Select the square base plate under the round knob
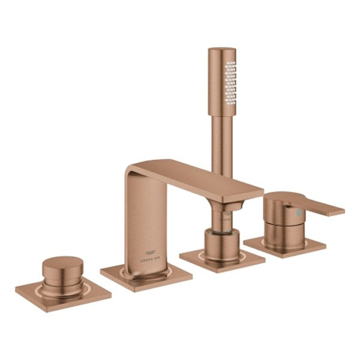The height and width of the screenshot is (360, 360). tap(63, 294)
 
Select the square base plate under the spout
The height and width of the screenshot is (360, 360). tap(146, 277)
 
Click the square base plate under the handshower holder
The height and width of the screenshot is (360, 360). tap(222, 259)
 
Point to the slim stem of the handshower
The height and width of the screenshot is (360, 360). tap(222, 144)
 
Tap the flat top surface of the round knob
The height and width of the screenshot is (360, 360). tap(63, 264)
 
